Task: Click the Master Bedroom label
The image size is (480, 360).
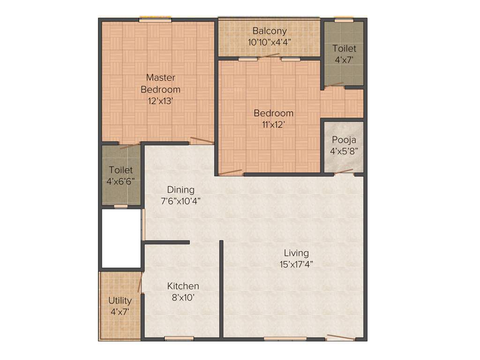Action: pos(160,83)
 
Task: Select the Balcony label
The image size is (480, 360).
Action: pos(270,31)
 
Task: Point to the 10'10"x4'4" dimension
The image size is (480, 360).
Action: pos(270,41)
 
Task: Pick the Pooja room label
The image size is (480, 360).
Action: pos(344,139)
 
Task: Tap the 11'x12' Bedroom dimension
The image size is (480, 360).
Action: pos(273,124)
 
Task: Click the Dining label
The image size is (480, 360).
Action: pos(181,189)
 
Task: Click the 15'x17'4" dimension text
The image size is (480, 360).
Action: pos(296,264)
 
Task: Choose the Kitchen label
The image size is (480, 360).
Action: pos(183,286)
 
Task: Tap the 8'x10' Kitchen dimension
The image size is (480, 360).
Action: pos(183,297)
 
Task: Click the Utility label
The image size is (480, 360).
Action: pos(120,300)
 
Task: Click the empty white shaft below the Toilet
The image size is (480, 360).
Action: pos(121,238)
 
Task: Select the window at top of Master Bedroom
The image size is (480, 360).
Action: pos(155,20)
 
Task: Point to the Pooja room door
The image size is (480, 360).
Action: pos(344,172)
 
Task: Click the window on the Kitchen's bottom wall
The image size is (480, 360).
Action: pos(179,338)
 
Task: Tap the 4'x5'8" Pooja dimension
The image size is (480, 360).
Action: pos(344,151)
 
